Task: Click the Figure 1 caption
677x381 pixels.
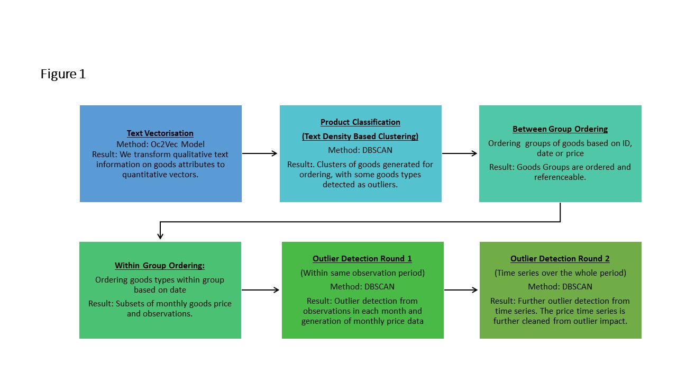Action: [x=63, y=74]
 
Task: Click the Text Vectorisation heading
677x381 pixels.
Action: [x=160, y=133]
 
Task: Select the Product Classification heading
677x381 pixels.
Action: [x=360, y=122]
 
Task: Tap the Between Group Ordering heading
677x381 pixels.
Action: [x=560, y=129]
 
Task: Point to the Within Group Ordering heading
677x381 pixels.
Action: [x=160, y=266]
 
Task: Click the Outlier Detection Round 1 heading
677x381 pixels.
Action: [x=362, y=259]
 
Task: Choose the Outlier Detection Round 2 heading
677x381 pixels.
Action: [x=560, y=259]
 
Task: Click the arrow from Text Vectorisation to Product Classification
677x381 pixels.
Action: [x=260, y=153]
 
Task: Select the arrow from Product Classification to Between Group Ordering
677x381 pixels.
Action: [x=460, y=153]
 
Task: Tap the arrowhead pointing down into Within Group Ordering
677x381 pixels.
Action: [x=160, y=235]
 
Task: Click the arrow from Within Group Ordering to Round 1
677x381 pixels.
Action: [x=261, y=290]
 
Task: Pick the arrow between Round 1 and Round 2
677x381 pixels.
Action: [x=461, y=290]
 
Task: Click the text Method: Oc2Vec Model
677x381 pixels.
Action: [x=160, y=144]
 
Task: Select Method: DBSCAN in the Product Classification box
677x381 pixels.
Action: [x=360, y=150]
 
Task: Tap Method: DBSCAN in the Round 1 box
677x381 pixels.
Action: [x=362, y=287]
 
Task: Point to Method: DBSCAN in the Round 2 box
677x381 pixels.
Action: [x=560, y=287]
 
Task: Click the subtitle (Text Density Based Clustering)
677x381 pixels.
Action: [x=360, y=137]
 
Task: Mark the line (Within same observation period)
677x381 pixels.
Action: [x=362, y=273]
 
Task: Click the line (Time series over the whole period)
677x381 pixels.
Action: [x=560, y=273]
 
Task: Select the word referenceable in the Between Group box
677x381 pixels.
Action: [x=560, y=177]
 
